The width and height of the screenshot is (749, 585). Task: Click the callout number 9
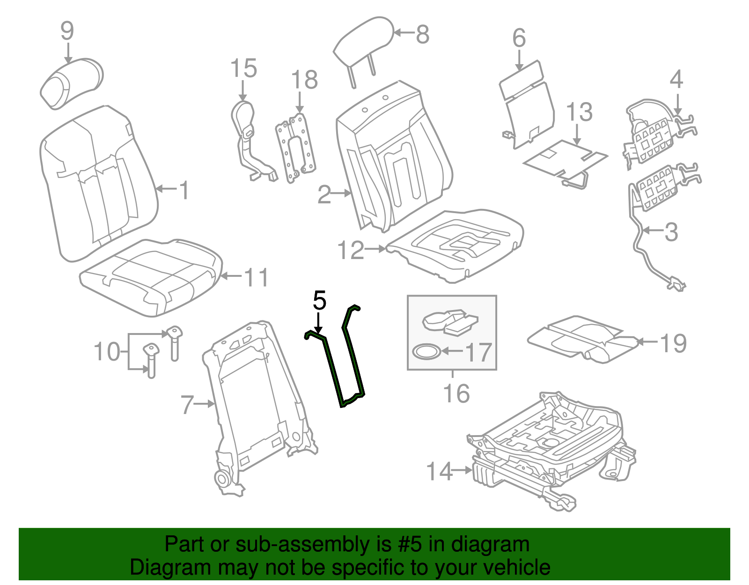[67, 31]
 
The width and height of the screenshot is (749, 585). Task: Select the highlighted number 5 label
[319, 300]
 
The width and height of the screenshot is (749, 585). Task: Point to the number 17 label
[477, 353]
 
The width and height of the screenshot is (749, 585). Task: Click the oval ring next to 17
[426, 351]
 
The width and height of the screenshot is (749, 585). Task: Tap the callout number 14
[440, 471]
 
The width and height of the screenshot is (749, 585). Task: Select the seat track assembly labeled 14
[552, 450]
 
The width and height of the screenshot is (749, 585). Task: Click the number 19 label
[673, 343]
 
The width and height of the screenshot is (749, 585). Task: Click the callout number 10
[107, 352]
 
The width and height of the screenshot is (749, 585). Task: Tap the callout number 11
[256, 277]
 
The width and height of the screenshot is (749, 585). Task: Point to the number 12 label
[351, 250]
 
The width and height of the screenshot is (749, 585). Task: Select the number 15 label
[243, 68]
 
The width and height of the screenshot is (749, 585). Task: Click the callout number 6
[519, 38]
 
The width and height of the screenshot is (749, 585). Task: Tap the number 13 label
[579, 112]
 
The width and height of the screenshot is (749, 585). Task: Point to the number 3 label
[671, 232]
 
